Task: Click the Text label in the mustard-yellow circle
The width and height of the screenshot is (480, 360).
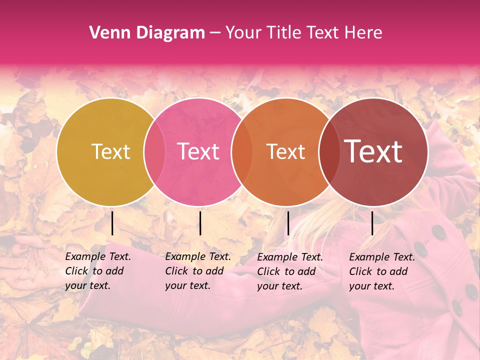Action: coord(110,152)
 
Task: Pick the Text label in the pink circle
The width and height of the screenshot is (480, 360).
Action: coord(198,152)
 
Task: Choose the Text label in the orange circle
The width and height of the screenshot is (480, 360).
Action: coord(285,152)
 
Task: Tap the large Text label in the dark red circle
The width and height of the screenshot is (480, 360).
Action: coord(373,151)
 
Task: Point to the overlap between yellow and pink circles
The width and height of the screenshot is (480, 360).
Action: coord(154,152)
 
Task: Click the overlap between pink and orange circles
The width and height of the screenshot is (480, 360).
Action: coord(241,152)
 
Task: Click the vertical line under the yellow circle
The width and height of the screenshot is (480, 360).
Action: coord(112,223)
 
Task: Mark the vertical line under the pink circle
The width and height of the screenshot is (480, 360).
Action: coord(200,223)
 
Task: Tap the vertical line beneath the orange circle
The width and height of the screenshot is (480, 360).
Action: coord(288,223)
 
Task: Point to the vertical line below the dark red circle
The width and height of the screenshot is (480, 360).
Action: coord(372,223)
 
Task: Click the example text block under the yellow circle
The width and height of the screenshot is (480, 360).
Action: coord(98,271)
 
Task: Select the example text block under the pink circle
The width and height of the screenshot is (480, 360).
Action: coord(198,271)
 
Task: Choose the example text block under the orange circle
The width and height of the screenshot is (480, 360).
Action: coord(290,271)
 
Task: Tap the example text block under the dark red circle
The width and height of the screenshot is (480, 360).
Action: coord(382,271)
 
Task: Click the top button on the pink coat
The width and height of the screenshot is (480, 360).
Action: coord(439,231)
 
